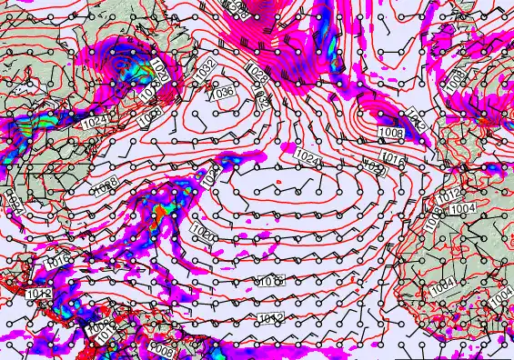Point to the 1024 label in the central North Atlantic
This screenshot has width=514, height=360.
308,156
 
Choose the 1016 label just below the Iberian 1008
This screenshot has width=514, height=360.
393,158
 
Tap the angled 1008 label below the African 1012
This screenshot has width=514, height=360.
435,216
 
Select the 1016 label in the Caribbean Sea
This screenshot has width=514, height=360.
56,262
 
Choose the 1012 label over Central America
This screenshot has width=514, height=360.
37,294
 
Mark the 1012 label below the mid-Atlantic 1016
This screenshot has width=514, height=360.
269,316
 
